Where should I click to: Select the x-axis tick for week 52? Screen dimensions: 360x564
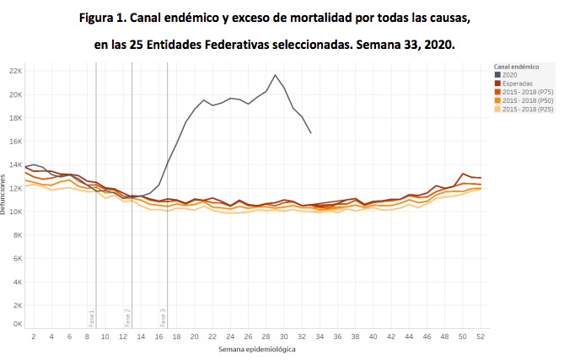[x=480, y=336]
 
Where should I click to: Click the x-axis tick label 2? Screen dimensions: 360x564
[x=34, y=336]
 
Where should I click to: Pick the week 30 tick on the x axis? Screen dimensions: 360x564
[x=284, y=336]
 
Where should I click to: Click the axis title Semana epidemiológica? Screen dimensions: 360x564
[x=256, y=348]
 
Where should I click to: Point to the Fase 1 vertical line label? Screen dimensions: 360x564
[x=92, y=318]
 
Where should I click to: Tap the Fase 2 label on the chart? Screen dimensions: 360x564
[x=128, y=318]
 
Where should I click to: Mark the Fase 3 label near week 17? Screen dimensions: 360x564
[x=164, y=318]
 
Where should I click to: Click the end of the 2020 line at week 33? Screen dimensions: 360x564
[x=311, y=133]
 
